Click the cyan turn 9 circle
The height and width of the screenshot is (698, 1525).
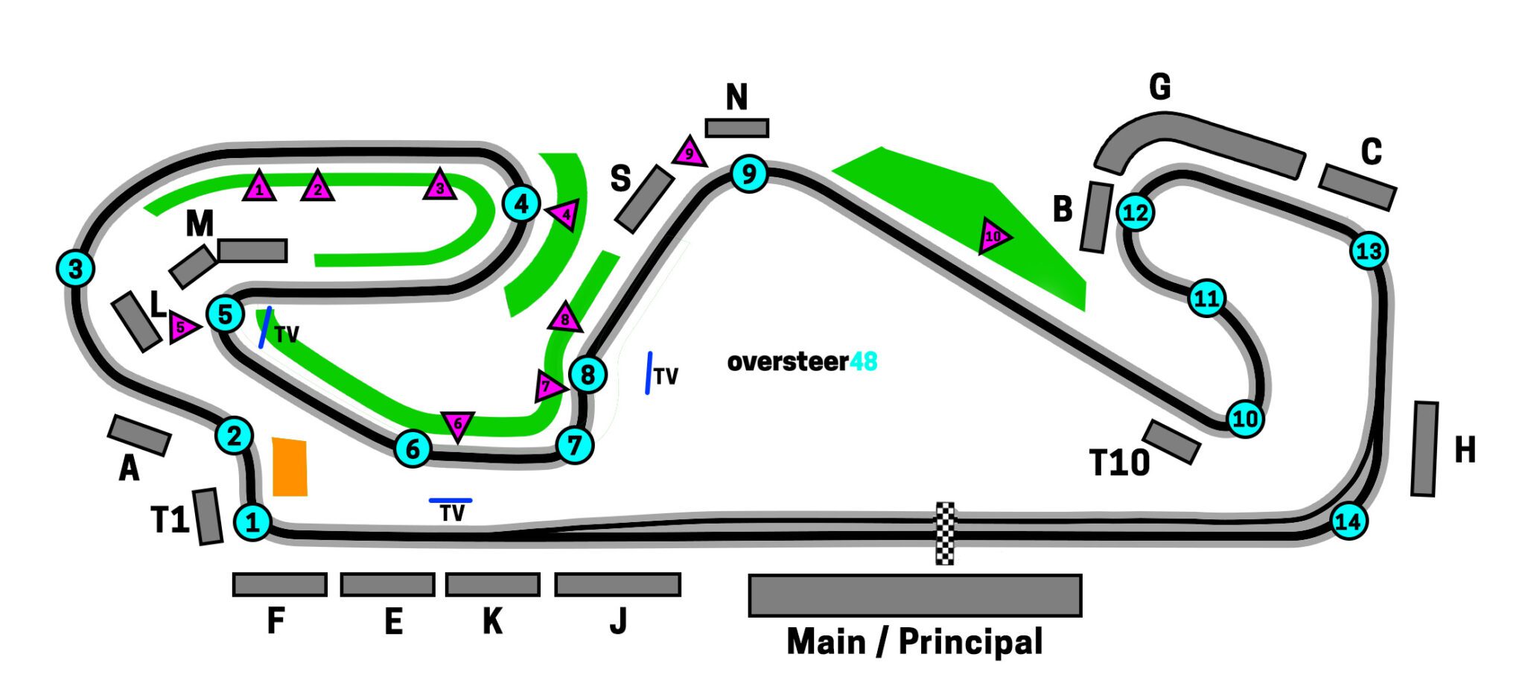pos(749,174)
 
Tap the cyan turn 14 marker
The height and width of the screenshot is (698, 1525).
pos(1348,521)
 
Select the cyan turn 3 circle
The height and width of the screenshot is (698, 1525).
pos(75,268)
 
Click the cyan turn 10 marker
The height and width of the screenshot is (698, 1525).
pos(1245,419)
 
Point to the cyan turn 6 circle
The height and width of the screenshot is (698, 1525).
pos(413,448)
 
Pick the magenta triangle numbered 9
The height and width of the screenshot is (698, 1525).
pos(689,153)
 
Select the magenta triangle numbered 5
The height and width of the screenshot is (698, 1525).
pos(182,327)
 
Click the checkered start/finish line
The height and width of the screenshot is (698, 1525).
pos(944,533)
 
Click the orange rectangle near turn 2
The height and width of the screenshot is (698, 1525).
pos(290,467)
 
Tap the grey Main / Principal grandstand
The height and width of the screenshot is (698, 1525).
pos(914,595)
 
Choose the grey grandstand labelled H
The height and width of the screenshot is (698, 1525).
pos(1424,449)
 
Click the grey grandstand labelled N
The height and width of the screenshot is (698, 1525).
pos(736,128)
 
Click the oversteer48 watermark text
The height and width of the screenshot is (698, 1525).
pos(802,362)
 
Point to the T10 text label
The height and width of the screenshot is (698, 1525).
pos(1119,463)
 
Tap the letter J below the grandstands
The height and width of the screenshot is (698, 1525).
pos(618,621)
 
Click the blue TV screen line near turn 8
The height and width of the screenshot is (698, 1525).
pos(649,372)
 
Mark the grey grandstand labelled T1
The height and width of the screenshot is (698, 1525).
pos(208,516)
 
